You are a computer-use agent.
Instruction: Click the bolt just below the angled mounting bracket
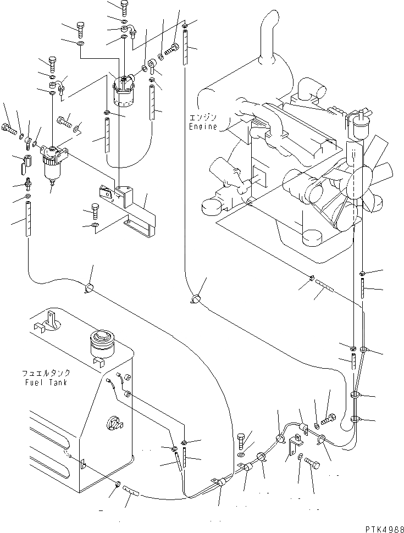tap(93, 210)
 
